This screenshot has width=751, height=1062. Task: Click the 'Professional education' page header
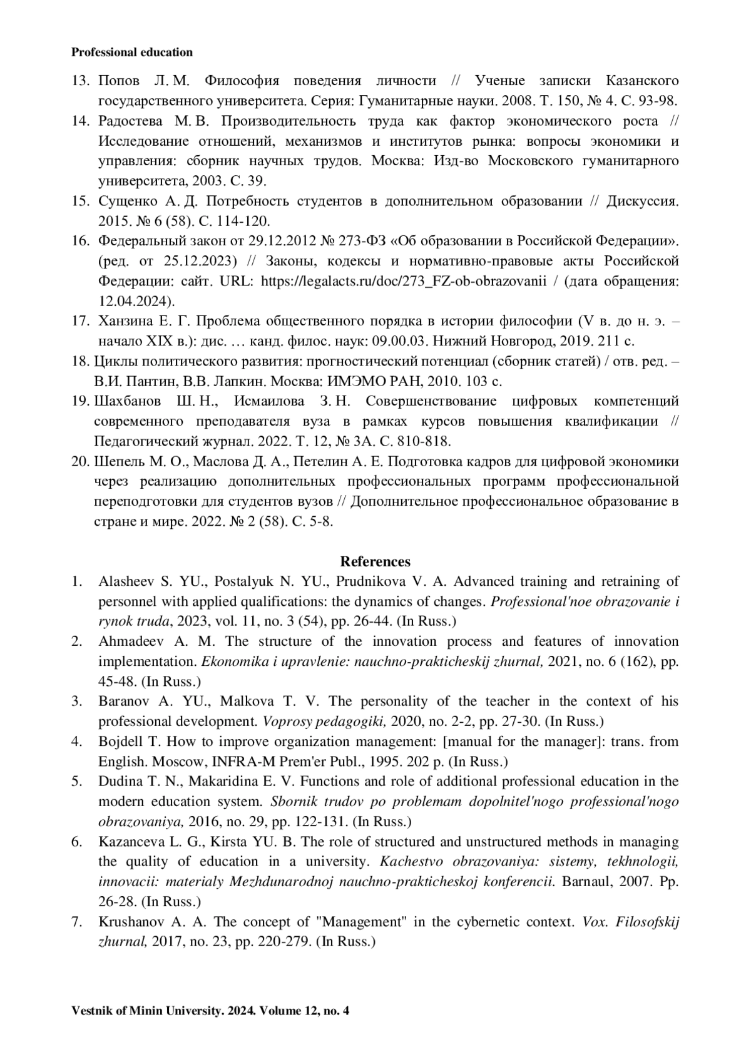point(132,53)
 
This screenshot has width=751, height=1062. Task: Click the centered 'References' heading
point(375,561)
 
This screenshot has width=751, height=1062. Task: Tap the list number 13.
point(81,81)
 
